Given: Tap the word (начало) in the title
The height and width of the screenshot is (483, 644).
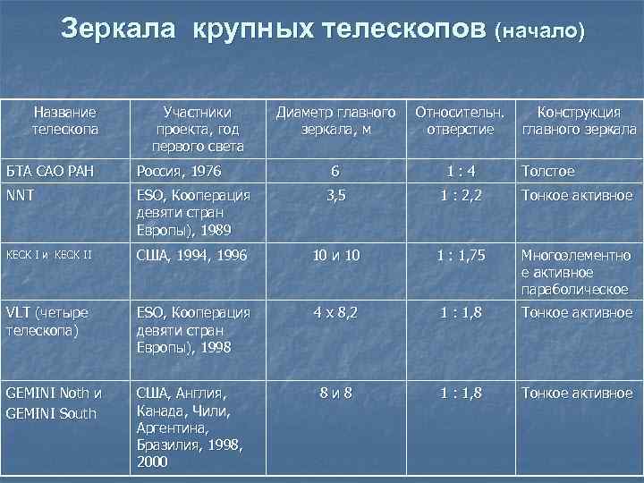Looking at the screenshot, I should click(541, 31).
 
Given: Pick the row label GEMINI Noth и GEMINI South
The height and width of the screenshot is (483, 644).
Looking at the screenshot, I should click(54, 402).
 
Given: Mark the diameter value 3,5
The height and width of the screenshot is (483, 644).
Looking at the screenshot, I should click(335, 195).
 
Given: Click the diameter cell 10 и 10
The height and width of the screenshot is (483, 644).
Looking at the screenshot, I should click(335, 255).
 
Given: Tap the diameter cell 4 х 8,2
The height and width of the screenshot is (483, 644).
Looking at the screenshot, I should click(335, 313).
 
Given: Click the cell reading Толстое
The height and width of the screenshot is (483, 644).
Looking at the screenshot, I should click(548, 171).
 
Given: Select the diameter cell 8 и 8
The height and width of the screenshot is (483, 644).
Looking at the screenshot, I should click(335, 393).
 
